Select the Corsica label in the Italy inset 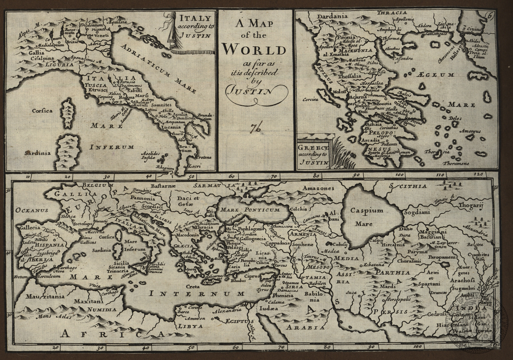tap(42, 111)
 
